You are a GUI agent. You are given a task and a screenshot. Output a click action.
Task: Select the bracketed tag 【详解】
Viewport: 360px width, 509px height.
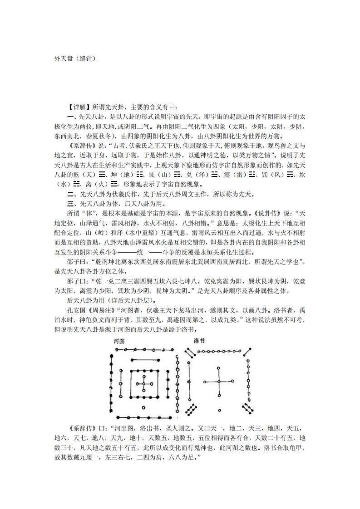tap(77, 107)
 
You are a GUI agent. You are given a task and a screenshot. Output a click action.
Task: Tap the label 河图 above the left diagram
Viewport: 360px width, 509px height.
tap(119, 340)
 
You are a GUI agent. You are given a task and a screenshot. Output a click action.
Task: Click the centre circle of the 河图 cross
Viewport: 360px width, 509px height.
tap(143, 384)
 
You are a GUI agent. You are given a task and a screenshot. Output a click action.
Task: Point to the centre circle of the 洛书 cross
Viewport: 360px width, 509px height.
tap(218, 382)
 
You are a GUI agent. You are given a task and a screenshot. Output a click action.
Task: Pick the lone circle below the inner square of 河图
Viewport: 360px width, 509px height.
tap(143, 407)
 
